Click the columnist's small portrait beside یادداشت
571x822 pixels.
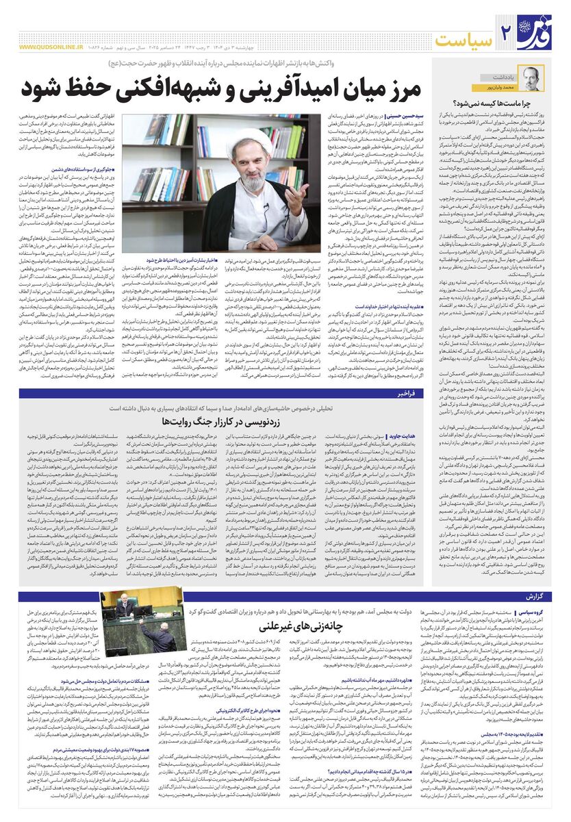click(x=529, y=77)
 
